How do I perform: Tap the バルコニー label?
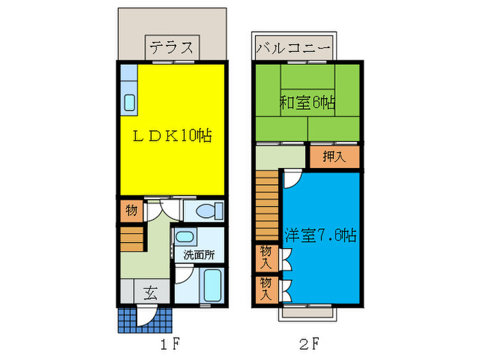[x=293, y=49]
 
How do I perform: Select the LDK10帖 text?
[x=171, y=135]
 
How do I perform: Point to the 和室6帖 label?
[x=307, y=104]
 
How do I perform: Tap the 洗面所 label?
[x=198, y=254]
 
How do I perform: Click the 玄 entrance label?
[x=149, y=293]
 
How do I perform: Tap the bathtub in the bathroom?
[x=212, y=286]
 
